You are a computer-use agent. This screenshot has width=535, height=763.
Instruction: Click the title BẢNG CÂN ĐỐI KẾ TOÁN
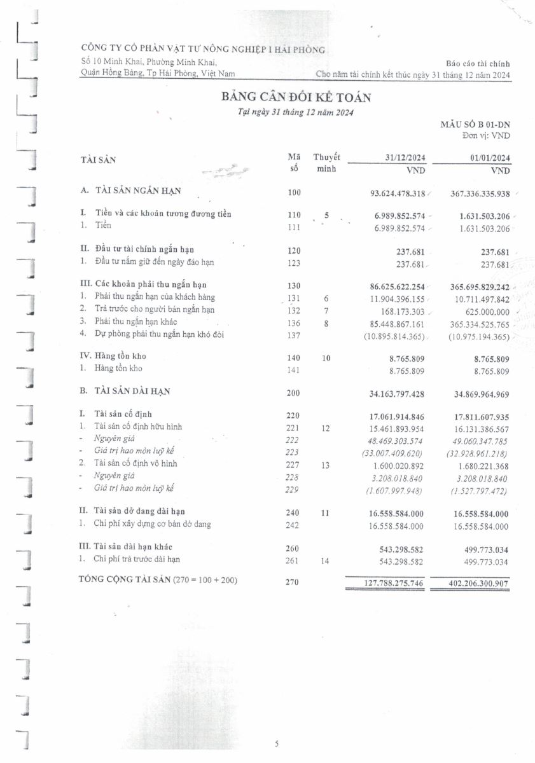296,97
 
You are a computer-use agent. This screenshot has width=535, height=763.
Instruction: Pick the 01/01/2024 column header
488,158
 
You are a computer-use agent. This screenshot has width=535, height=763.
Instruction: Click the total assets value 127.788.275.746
386,582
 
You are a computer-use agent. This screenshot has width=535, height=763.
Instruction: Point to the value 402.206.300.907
470,582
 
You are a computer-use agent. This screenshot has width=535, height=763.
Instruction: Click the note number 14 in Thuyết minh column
326,560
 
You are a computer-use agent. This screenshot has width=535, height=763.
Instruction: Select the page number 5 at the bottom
277,743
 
